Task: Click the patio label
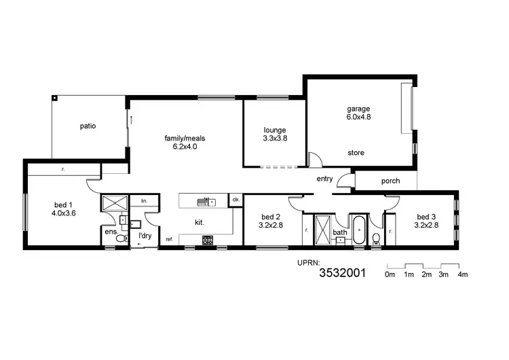coord(88,126)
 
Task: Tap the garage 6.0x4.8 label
coord(359,113)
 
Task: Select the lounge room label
coord(276,134)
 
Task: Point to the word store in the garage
coord(356,153)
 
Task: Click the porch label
coord(390,181)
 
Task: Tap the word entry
coord(325,179)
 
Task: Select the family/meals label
coord(185,142)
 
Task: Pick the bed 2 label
coord(271,221)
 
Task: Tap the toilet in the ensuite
coord(120,238)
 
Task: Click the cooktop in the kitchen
coord(208,239)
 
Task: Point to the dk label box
coord(235,200)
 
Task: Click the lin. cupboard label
coord(144,201)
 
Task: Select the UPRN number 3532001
coord(342,274)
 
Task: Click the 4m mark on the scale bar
coord(463,274)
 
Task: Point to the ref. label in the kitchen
coord(169,239)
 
